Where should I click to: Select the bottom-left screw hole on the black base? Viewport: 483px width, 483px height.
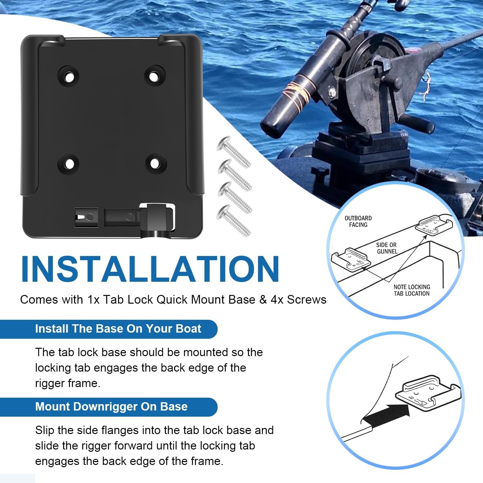click(x=68, y=164)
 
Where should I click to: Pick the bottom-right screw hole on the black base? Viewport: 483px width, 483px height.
click(x=155, y=164)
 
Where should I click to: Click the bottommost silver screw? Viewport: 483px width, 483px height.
click(x=234, y=220)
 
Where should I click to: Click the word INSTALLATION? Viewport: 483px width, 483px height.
click(x=150, y=269)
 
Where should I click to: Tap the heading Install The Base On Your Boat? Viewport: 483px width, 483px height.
click(x=118, y=329)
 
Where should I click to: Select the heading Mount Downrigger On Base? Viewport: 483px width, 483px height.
click(x=111, y=407)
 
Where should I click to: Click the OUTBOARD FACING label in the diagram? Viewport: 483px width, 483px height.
click(x=358, y=222)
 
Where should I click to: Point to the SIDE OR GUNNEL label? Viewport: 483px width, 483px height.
click(x=386, y=248)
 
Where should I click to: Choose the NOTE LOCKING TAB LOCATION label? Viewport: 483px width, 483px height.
click(x=412, y=290)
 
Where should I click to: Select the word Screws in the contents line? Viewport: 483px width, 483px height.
click(x=307, y=300)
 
